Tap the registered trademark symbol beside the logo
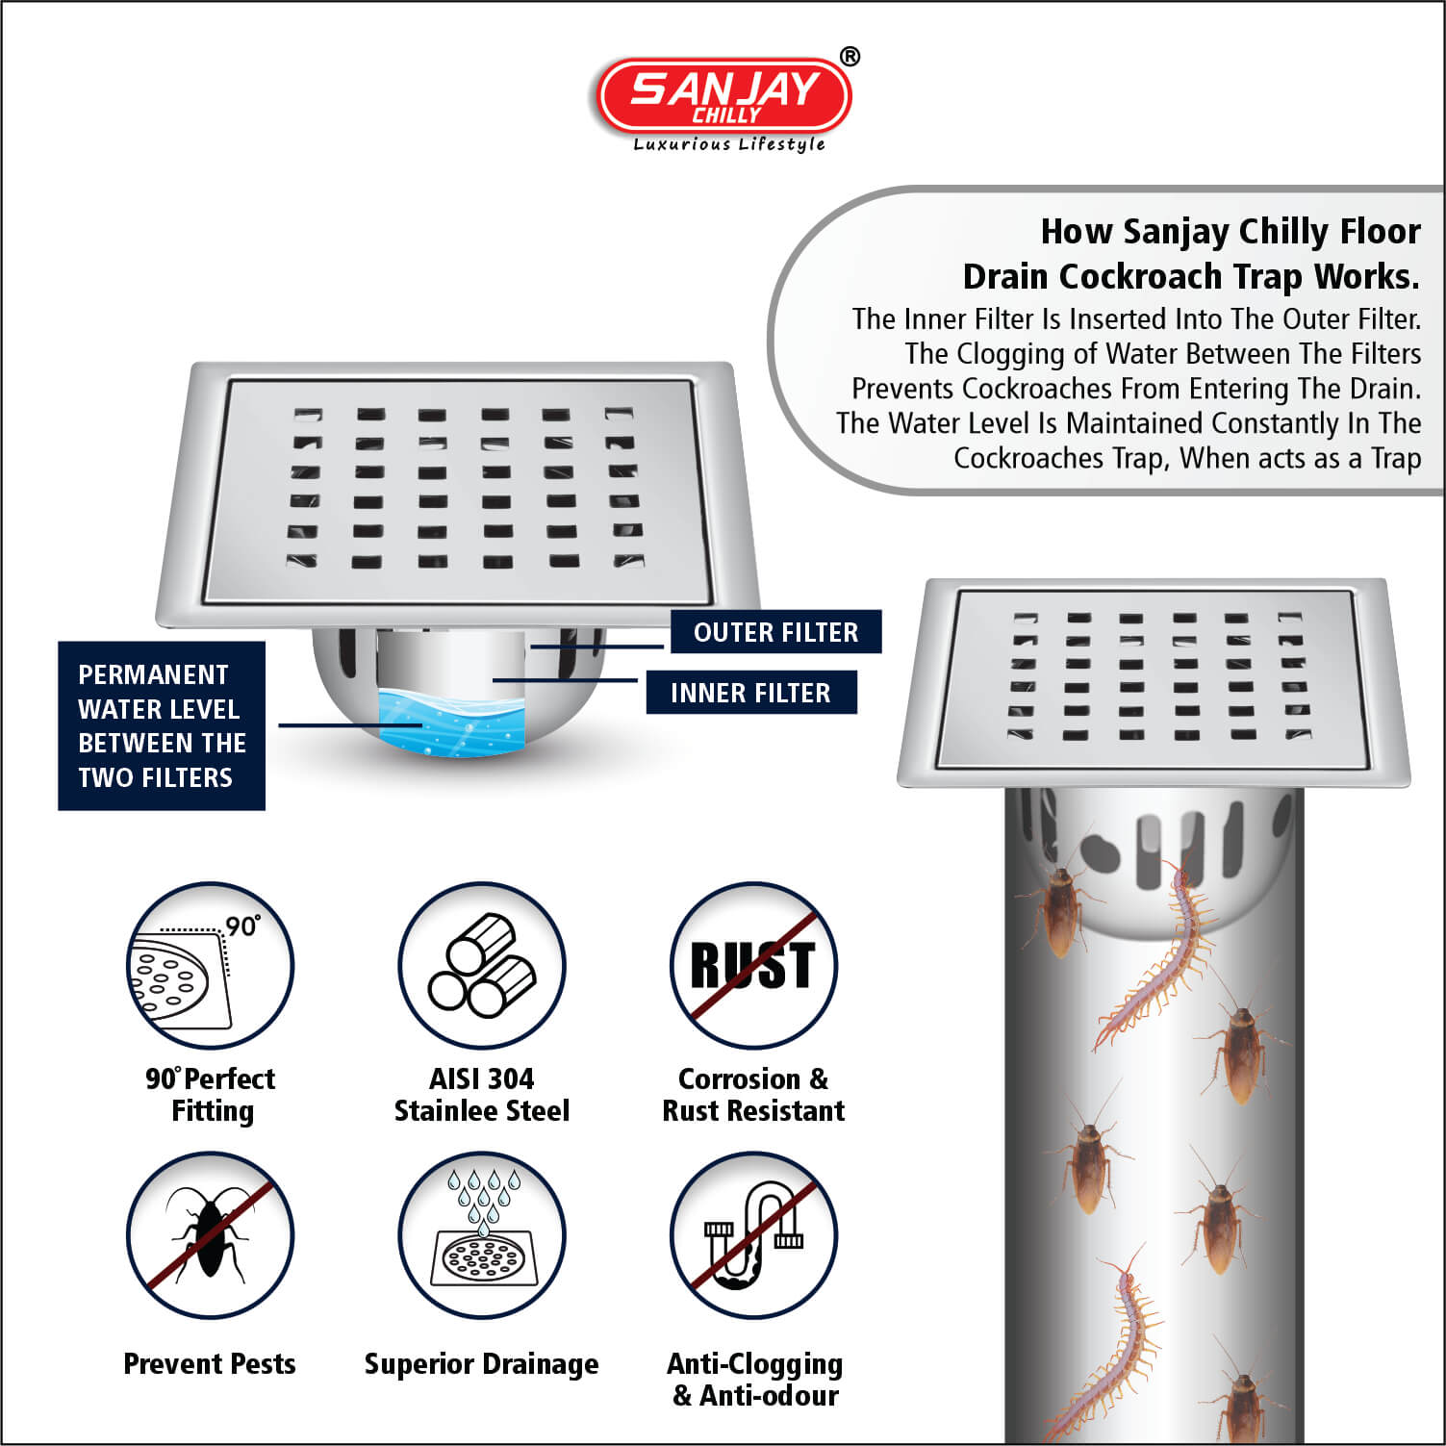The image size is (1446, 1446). tap(850, 57)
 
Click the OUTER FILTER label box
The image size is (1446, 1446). tap(775, 632)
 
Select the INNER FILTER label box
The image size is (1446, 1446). tap(750, 693)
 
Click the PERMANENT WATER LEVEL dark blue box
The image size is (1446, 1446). tap(162, 725)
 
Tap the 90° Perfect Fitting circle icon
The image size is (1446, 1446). tap(210, 966)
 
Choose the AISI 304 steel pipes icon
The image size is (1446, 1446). tap(482, 966)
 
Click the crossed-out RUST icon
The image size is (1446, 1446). tap(753, 966)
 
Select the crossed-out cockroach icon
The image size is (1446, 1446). tap(210, 1235)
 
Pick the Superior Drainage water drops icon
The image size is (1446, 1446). tap(482, 1235)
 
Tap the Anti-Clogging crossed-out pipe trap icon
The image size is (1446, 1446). tap(753, 1235)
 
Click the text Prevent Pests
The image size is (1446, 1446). tap(210, 1364)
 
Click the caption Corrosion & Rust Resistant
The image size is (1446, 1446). tap(753, 1095)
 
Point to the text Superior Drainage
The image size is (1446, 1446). tap(481, 1364)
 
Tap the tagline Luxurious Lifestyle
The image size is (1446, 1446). tap(729, 144)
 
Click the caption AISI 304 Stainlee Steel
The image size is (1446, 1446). tap(482, 1095)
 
